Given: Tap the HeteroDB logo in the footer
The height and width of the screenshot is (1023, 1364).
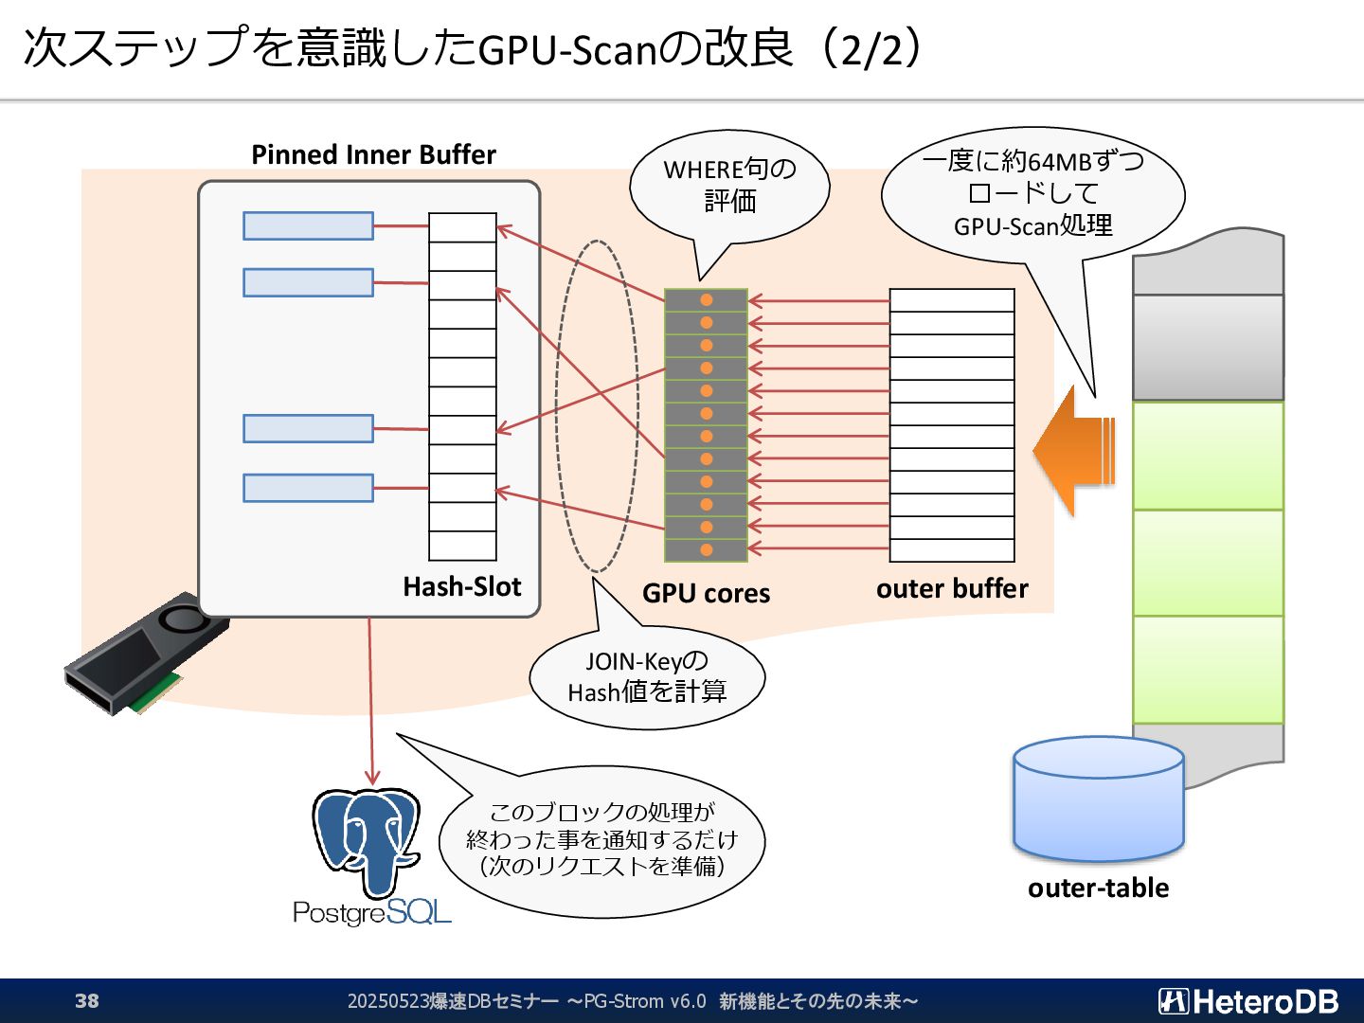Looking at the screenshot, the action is click(1247, 1001).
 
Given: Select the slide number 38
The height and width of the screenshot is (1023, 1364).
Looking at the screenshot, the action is click(87, 1000).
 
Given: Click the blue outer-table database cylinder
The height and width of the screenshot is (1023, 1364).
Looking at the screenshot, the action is click(1099, 799).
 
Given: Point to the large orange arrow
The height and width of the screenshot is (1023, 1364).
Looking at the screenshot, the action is click(1074, 451).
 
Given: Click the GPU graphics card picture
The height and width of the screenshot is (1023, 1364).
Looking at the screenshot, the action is click(147, 654).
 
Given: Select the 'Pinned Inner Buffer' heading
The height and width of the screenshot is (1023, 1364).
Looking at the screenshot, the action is click(373, 154).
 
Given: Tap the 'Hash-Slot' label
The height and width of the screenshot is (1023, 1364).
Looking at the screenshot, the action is click(461, 587).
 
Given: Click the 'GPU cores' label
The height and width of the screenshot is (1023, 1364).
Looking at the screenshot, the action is click(706, 593).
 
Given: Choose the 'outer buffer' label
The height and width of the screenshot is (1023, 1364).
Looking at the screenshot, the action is click(952, 589).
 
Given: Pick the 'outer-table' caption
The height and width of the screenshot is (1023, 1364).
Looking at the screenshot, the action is click(1098, 888).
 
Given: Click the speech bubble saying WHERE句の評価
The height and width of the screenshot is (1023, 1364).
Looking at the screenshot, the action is click(729, 187).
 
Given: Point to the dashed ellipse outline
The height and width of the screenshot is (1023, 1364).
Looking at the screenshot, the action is click(556, 406).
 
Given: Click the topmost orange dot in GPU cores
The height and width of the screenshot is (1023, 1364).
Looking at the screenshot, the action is click(706, 300).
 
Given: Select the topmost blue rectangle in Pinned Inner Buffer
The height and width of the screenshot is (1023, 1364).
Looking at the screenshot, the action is click(308, 225).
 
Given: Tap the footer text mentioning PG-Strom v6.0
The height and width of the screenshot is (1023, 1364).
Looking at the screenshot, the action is click(633, 1001).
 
